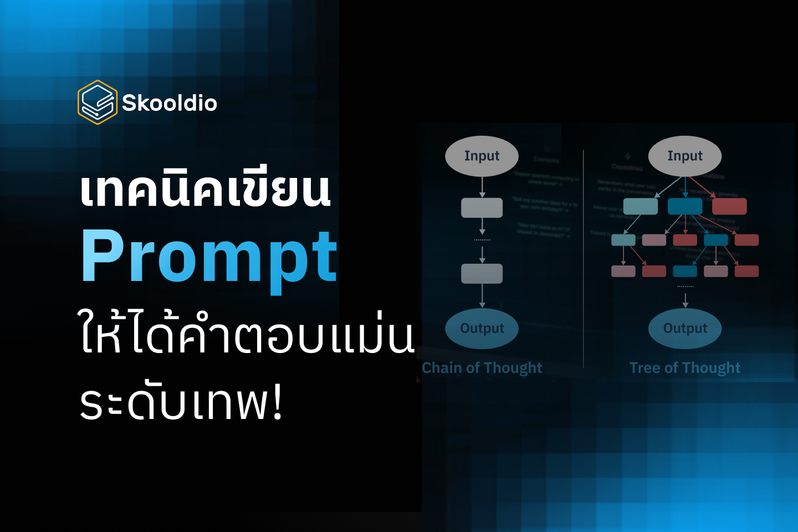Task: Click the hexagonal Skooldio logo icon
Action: (98, 103)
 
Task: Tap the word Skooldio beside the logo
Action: (169, 103)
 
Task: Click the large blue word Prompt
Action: (209, 257)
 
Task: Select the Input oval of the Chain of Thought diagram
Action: (482, 156)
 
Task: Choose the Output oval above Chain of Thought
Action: (482, 328)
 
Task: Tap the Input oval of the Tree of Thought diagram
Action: (685, 156)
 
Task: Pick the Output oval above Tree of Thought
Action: (685, 328)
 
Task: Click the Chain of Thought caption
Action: (482, 368)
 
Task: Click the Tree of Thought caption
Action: (685, 368)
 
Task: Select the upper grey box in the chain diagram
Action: (482, 207)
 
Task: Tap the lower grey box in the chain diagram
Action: (482, 273)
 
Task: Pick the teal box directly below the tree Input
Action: (641, 206)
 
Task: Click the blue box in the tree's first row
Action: (685, 206)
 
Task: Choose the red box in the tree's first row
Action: (729, 206)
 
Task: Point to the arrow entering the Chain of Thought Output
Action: (482, 296)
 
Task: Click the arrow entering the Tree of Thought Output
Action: (686, 300)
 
